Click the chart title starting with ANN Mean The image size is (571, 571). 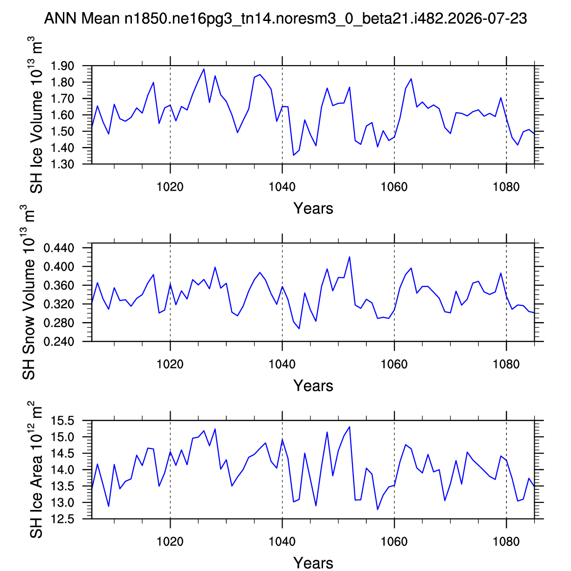coord(285,18)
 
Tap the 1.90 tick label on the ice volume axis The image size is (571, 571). coord(62,66)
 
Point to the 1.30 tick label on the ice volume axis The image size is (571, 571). coord(62,164)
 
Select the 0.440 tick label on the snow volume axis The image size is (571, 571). coord(59,248)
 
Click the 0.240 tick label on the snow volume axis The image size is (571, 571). coord(59,342)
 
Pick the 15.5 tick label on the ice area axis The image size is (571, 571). coord(62,420)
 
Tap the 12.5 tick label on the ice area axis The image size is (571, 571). coord(62,519)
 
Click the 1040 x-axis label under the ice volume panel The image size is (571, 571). coord(282,187)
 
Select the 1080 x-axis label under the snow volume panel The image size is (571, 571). coord(506,365)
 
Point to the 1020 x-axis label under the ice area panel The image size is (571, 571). coord(170,542)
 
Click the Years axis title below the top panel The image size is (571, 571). coord(313,209)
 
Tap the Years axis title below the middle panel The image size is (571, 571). coord(313,386)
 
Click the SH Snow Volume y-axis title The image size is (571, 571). coord(28,292)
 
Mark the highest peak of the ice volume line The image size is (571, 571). coord(204,69)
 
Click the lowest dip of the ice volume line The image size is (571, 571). coord(293,155)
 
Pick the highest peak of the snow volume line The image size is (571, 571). coord(350,257)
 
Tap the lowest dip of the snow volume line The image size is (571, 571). coord(299,329)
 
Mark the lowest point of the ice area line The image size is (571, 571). coord(378,509)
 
